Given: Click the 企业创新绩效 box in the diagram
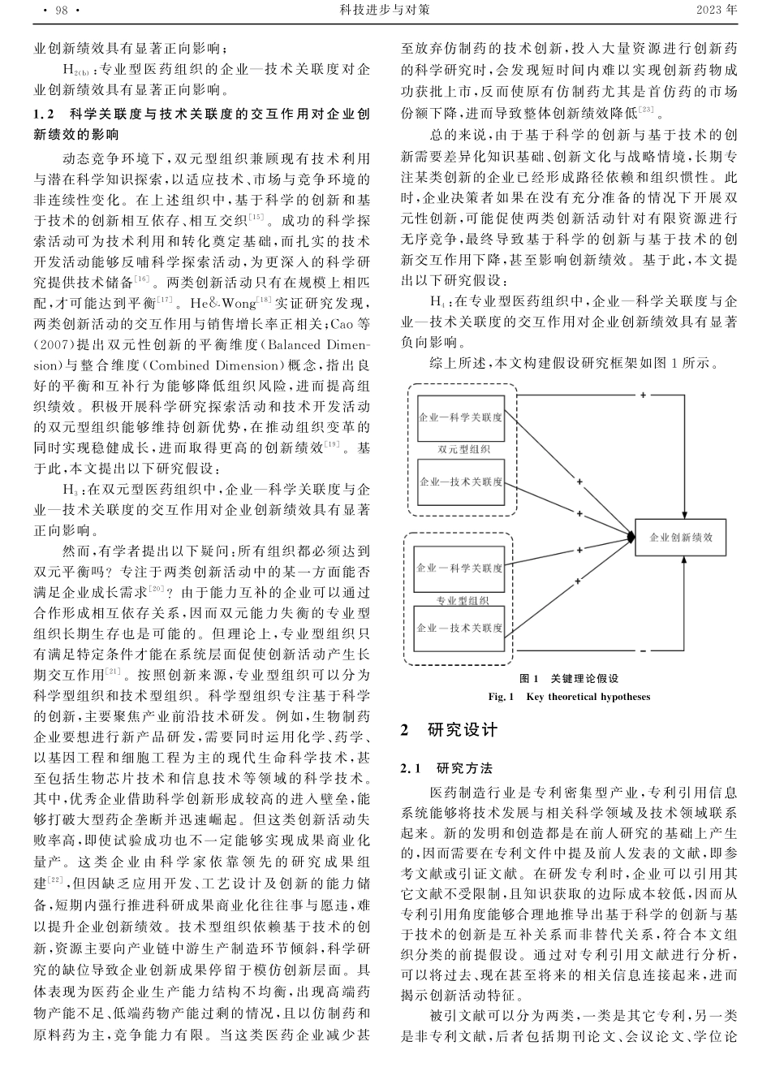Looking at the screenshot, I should coord(681,538).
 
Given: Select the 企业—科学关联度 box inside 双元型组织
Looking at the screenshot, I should coord(459,417).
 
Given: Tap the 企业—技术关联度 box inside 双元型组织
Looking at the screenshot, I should coord(460,482).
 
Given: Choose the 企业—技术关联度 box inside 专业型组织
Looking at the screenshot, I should coord(459,628).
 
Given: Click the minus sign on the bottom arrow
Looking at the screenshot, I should coord(643,651).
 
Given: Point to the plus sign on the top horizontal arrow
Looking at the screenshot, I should coord(643,395).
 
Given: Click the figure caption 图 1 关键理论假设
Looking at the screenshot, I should coord(569,679).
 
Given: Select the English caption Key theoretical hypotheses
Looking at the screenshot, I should coord(588,696).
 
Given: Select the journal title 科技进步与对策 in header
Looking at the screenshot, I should coord(385,11).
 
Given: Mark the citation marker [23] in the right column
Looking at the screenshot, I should coord(645,110).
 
